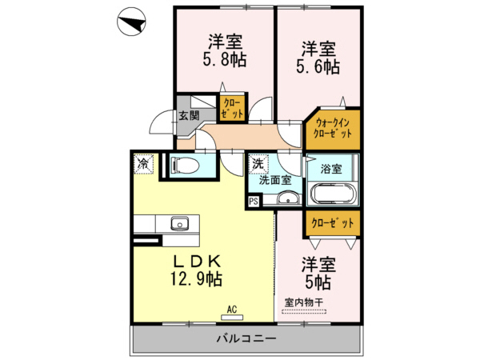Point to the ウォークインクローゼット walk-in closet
click(x=333, y=128)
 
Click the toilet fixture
click(x=186, y=166)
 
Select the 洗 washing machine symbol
click(x=258, y=163)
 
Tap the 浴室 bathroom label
click(x=331, y=169)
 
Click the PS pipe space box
click(x=254, y=202)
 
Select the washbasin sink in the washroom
click(x=286, y=199)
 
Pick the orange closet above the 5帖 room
click(x=331, y=223)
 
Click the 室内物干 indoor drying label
click(x=303, y=302)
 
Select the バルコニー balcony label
click(x=246, y=339)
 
